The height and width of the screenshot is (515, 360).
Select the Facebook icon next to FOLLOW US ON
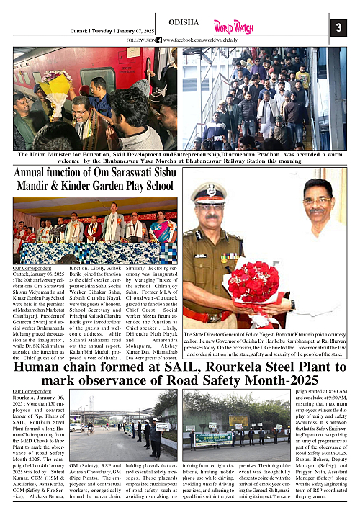point(159,40)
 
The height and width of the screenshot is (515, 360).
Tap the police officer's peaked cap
point(209,193)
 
